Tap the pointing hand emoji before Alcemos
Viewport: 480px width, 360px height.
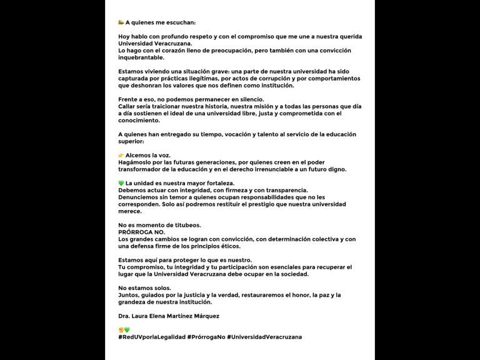121,154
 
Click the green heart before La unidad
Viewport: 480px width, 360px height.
121,182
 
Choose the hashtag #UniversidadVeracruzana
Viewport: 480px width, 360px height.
264,337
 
